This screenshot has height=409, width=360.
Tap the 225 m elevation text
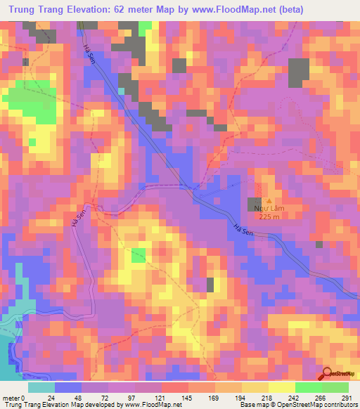269,216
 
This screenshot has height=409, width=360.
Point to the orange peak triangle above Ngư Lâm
268,192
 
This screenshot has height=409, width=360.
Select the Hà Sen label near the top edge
88,51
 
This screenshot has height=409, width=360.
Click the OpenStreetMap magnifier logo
327,373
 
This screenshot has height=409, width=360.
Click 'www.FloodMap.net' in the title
256,11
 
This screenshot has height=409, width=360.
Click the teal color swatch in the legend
41,387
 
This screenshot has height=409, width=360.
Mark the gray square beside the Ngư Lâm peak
254,204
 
